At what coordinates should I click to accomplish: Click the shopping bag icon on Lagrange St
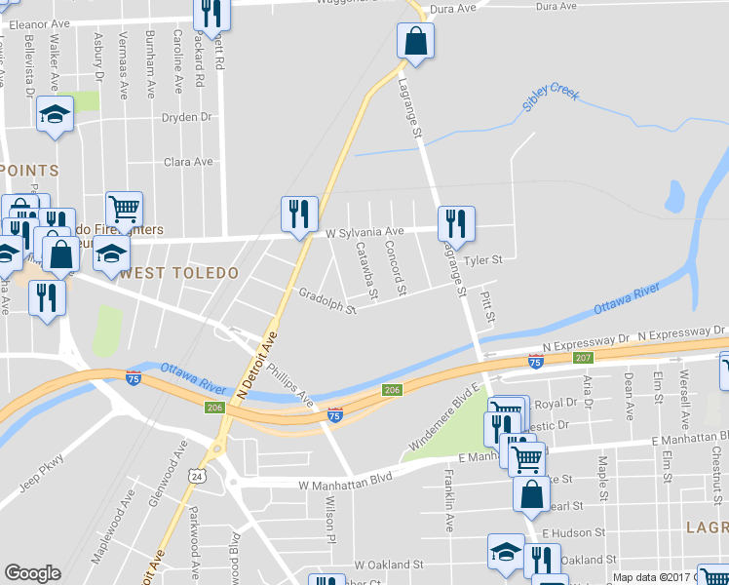pos(415,42)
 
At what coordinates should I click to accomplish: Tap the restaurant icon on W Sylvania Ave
pos(300,215)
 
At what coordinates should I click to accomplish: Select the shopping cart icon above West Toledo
pos(124,209)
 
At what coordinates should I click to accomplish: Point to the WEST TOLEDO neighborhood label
pos(179,273)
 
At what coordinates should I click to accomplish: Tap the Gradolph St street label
pos(327,300)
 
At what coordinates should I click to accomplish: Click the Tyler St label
pos(482,260)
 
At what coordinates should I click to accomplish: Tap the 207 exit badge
pos(583,359)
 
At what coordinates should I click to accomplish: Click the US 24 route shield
pos(198,477)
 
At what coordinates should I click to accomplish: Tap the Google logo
pos(32,573)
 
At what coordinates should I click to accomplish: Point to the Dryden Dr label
pos(187,117)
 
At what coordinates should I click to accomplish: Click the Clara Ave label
pos(188,162)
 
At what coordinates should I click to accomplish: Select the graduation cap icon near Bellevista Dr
pos(56,116)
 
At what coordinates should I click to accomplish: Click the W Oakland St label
pos(388,565)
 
